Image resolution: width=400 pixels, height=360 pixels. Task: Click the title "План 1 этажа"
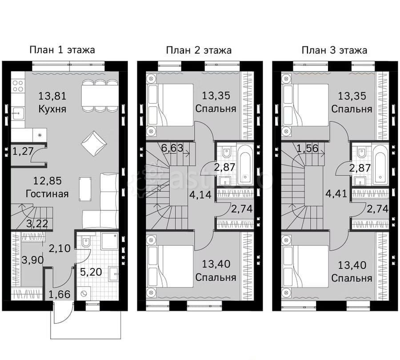pyautogui.click(x=62, y=50)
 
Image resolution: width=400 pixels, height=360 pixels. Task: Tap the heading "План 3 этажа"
pyautogui.click(x=334, y=50)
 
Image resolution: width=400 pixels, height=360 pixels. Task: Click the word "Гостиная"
pyautogui.click(x=47, y=193)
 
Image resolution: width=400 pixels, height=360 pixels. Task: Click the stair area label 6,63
pyautogui.click(x=172, y=148)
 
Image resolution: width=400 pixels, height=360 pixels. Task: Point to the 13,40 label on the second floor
pyautogui.click(x=216, y=265)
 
